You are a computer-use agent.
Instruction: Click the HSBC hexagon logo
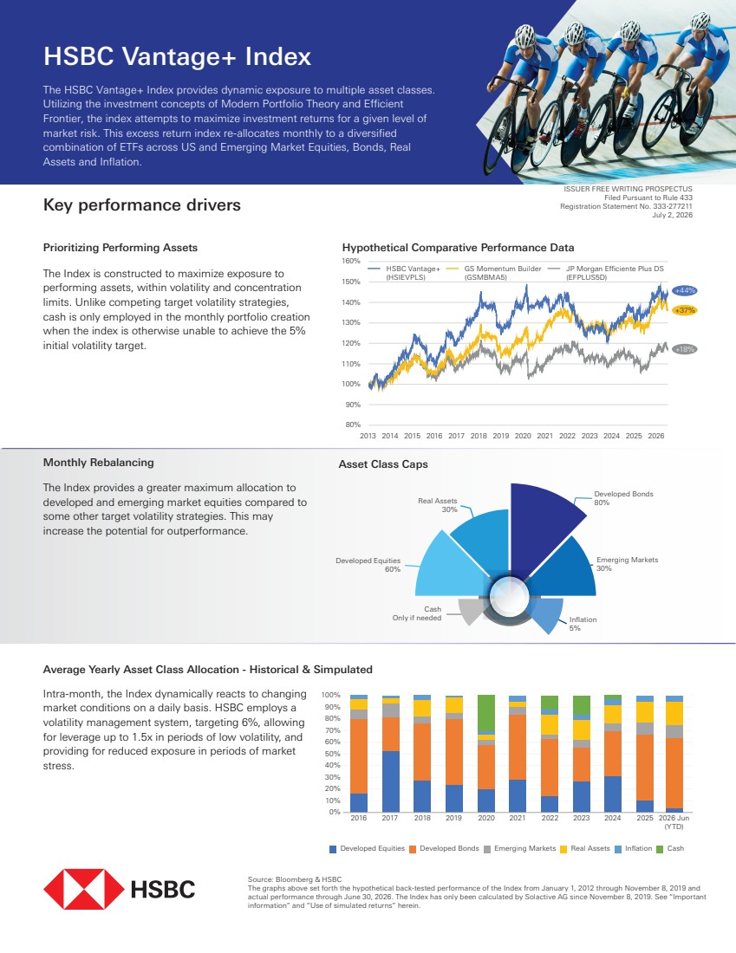click(x=84, y=889)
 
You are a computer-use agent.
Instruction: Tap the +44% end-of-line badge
click(x=685, y=290)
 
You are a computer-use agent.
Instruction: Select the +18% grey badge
click(x=685, y=349)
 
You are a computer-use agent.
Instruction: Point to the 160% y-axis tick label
click(x=351, y=262)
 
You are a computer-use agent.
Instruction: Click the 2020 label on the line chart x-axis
click(x=523, y=436)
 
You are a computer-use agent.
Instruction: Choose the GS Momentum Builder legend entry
click(x=494, y=273)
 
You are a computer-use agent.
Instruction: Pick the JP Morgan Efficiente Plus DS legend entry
click(x=606, y=273)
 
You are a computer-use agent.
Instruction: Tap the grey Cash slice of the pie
click(x=470, y=611)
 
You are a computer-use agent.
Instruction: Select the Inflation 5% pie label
click(x=583, y=624)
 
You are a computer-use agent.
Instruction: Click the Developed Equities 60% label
click(x=368, y=565)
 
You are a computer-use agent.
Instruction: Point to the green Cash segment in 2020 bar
click(x=486, y=713)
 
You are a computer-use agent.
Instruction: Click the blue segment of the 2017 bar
click(x=390, y=781)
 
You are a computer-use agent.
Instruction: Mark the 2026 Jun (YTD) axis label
click(x=674, y=821)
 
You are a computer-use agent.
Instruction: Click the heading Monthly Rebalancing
click(x=99, y=463)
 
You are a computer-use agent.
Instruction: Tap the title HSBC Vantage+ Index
click(x=177, y=56)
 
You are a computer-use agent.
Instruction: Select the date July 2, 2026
click(x=672, y=215)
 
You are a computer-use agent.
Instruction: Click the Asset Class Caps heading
click(x=383, y=464)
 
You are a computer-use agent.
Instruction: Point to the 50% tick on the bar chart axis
click(x=332, y=754)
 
